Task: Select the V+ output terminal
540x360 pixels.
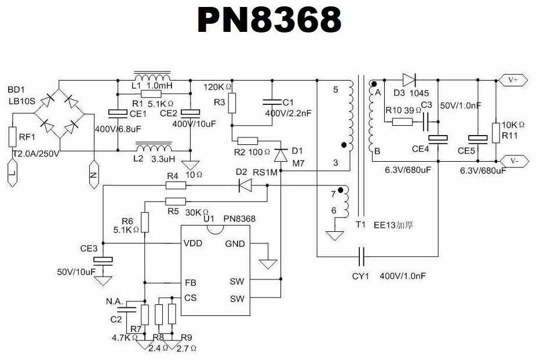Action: pyautogui.click(x=513, y=79)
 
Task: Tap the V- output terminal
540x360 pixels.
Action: pyautogui.click(x=513, y=161)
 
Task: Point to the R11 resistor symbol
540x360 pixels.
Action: pyautogui.click(x=496, y=132)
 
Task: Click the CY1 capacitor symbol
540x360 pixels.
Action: pyautogui.click(x=362, y=256)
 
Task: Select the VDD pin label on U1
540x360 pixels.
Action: pyautogui.click(x=193, y=243)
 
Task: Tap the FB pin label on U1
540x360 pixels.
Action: pyautogui.click(x=190, y=283)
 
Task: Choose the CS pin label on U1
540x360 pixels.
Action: pyautogui.click(x=190, y=298)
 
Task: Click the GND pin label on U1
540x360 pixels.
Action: pyautogui.click(x=235, y=243)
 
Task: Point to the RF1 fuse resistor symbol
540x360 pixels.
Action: pyautogui.click(x=13, y=138)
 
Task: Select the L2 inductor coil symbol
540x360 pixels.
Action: pyautogui.click(x=152, y=146)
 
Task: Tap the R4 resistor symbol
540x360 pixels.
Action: pyautogui.click(x=175, y=186)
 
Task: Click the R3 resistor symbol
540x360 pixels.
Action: pyautogui.click(x=232, y=103)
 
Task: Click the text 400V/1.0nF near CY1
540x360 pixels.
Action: pyautogui.click(x=403, y=277)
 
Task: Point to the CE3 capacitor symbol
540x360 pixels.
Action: pyautogui.click(x=104, y=261)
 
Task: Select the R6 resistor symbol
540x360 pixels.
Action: pyautogui.click(x=144, y=222)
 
